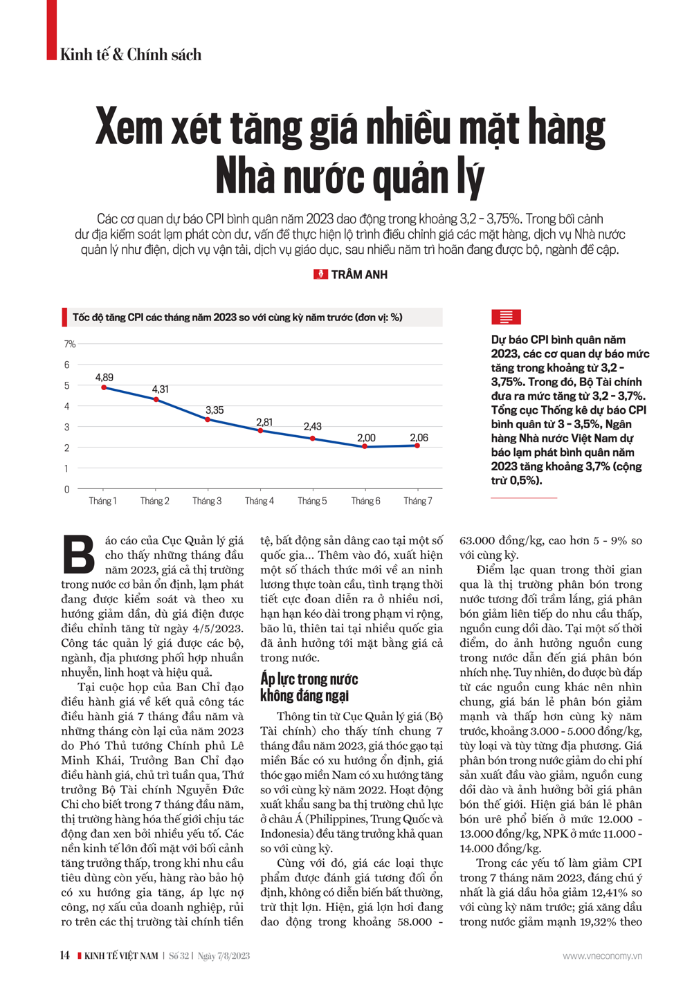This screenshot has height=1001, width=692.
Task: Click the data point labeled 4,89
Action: [x=104, y=387]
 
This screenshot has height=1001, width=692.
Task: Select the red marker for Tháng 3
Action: [x=208, y=420]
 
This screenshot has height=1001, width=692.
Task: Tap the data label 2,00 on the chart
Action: [x=366, y=438]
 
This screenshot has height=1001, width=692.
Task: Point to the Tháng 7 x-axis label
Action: [x=418, y=501]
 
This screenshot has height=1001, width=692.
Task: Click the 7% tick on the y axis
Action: [x=70, y=344]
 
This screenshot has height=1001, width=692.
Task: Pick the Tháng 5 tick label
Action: [x=312, y=501]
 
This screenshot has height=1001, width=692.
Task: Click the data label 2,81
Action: [x=264, y=422]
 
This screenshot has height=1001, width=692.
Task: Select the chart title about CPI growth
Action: [x=237, y=318]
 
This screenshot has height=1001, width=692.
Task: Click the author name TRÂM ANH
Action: [x=359, y=275]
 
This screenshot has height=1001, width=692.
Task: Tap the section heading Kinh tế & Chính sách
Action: [x=131, y=55]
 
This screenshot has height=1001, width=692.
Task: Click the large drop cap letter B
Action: [x=78, y=555]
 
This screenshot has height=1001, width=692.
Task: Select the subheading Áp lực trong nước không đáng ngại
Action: [x=309, y=687]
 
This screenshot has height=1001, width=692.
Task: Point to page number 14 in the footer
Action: [x=64, y=955]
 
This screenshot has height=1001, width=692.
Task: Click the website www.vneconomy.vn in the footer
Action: [x=602, y=956]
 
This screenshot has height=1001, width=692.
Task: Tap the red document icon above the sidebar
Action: [x=506, y=318]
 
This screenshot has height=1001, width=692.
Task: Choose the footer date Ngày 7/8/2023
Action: [x=224, y=956]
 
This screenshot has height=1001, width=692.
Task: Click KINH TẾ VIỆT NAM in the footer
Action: [x=121, y=956]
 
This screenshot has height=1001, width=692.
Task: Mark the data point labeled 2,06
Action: [x=417, y=446]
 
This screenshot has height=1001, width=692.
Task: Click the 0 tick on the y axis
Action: [x=67, y=490]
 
